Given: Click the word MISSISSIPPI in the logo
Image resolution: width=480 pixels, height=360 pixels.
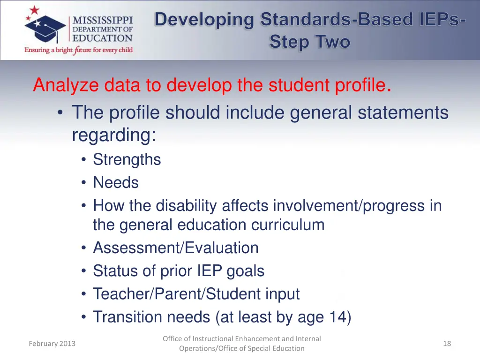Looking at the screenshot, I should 102,20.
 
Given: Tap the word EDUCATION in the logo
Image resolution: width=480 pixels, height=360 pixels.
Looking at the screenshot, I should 102,38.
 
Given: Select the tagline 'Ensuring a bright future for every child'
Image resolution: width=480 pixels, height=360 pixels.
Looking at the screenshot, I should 78,50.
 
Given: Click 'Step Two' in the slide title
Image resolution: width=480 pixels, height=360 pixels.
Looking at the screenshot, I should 309,42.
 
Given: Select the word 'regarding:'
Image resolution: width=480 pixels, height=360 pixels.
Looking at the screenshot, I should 113,135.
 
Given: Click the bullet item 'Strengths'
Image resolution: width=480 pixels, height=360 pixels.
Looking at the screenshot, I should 127,159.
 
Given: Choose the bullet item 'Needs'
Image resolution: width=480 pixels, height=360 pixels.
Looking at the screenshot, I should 116,182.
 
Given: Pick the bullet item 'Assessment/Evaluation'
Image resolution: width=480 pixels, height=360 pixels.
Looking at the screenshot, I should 175,247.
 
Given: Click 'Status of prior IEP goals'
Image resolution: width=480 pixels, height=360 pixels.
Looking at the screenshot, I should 179,270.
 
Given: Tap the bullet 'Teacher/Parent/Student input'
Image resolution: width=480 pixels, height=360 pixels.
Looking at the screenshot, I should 196,294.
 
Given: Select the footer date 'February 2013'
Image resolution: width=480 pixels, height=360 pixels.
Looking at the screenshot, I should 52,344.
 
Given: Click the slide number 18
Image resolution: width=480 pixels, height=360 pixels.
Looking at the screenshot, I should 447,344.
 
